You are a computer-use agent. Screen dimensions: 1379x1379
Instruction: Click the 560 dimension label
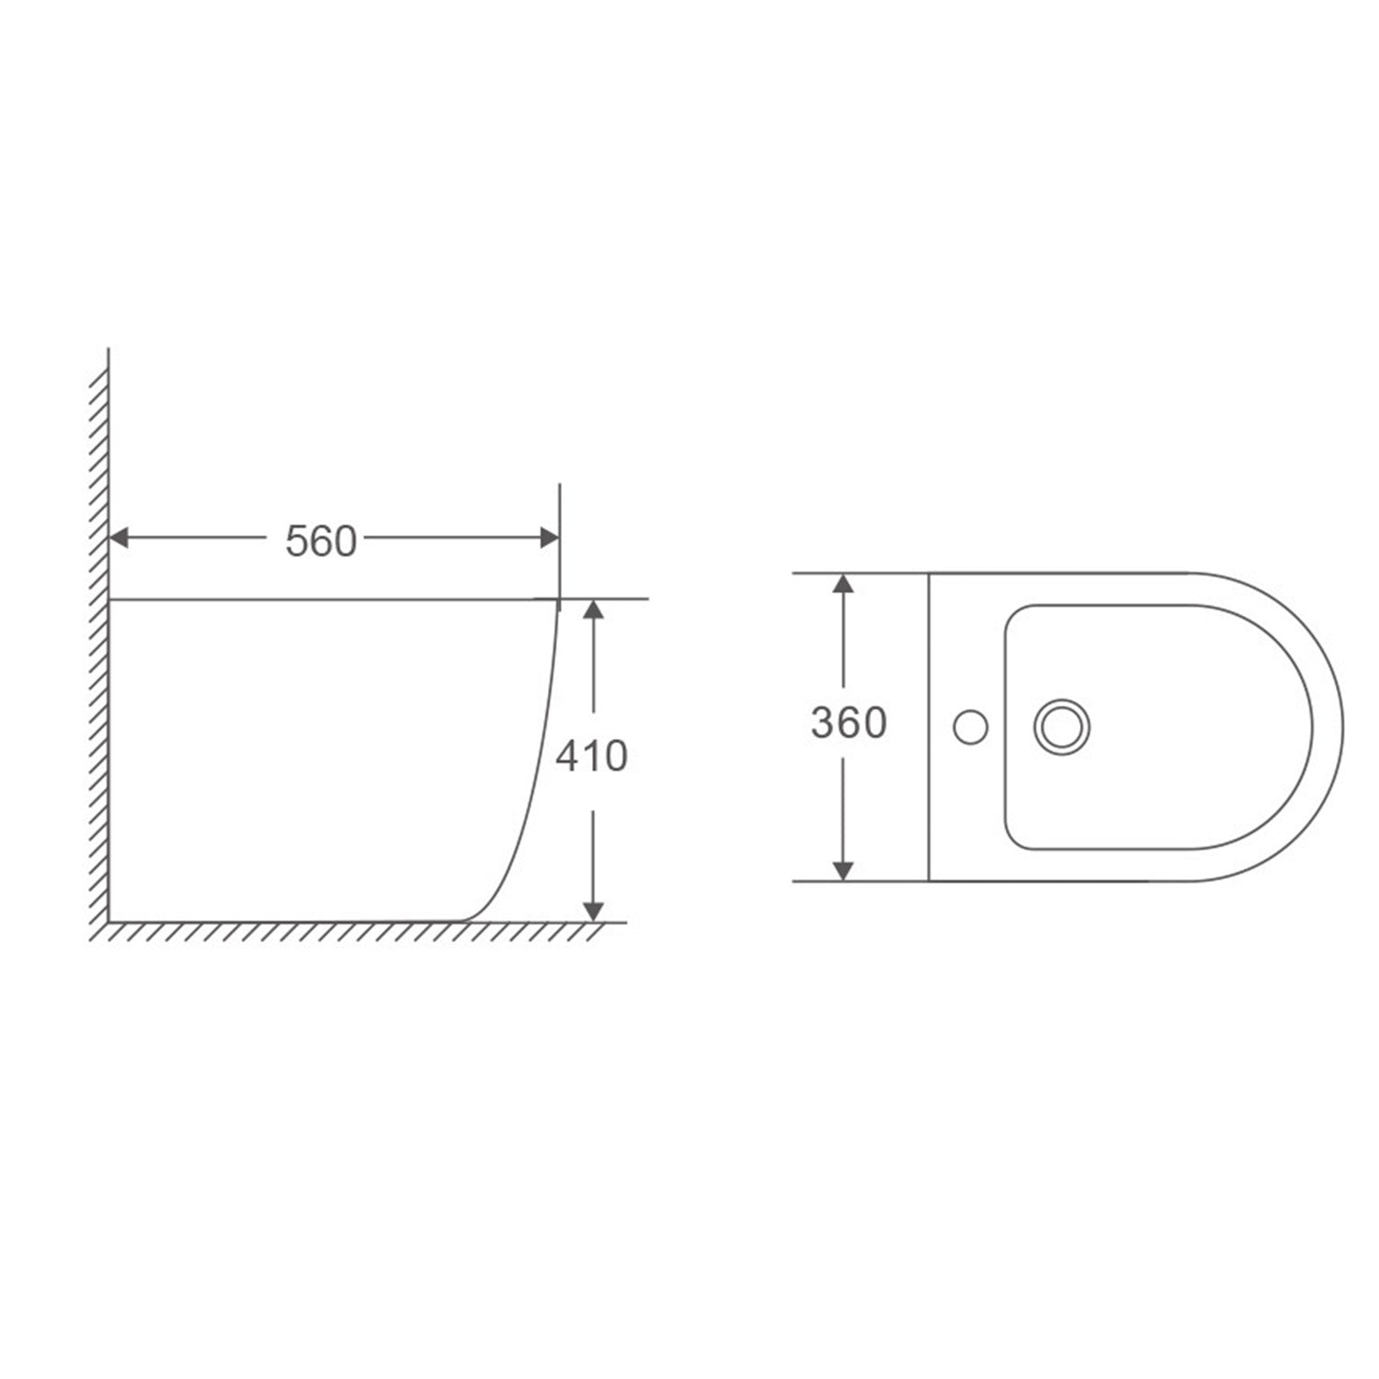(320, 541)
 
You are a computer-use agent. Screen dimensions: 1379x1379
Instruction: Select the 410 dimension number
(591, 756)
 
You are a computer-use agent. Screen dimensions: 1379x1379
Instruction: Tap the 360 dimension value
(849, 723)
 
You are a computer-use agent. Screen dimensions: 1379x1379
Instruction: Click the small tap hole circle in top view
(970, 727)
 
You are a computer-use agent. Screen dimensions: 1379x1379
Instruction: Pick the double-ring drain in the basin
(1062, 727)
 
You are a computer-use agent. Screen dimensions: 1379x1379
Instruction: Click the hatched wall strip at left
(99, 644)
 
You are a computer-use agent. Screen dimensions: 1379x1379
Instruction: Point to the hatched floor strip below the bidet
(349, 932)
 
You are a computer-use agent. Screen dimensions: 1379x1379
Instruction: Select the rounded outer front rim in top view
(1340, 726)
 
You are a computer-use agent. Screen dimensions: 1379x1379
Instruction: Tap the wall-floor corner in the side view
(109, 921)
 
